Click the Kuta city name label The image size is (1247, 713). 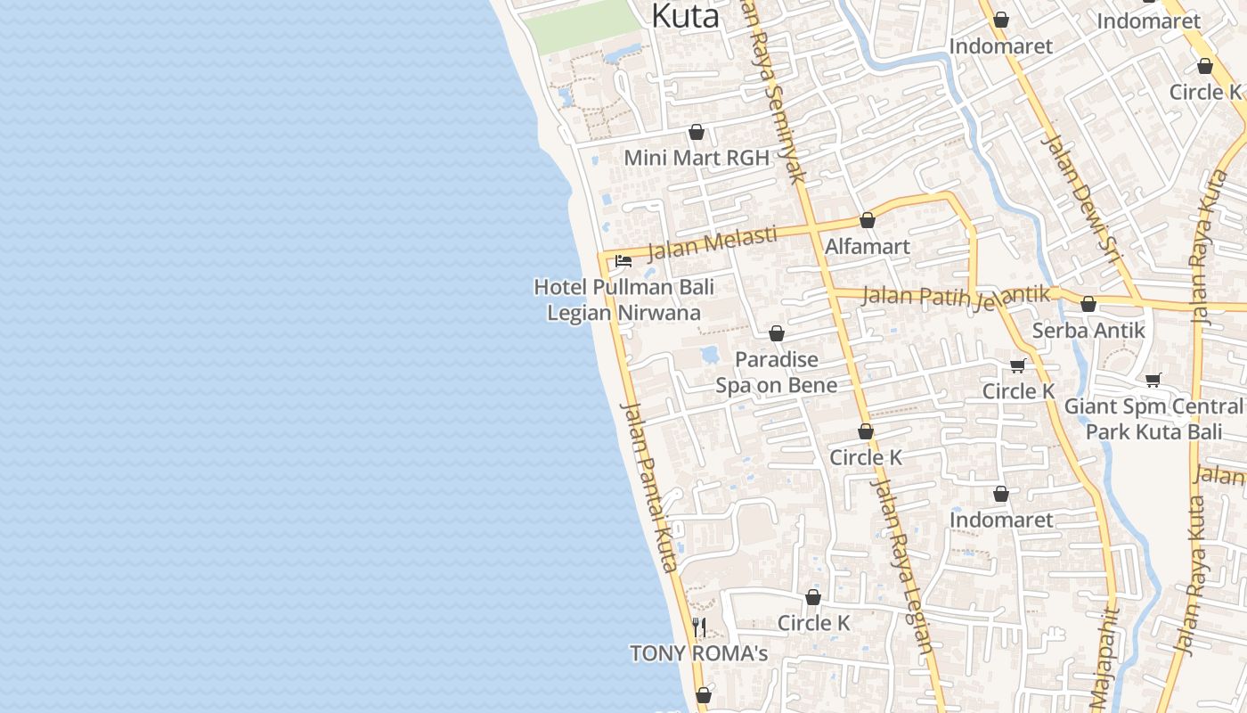click(685, 16)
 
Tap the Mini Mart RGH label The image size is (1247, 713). click(697, 158)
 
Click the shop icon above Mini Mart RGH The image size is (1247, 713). click(697, 132)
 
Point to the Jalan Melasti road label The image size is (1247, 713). click(712, 242)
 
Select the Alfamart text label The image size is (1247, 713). click(868, 246)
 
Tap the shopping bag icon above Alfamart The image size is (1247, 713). click(868, 220)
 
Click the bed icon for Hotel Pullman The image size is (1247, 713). click(623, 261)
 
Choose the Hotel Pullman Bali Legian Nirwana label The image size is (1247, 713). click(623, 300)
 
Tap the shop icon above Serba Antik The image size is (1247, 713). click(1088, 304)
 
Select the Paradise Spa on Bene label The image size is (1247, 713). click(777, 372)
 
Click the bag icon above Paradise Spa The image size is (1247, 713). click(777, 333)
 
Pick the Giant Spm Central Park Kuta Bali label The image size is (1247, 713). click(1153, 419)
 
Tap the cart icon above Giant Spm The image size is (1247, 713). click(1153, 381)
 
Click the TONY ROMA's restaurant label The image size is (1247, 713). click(698, 653)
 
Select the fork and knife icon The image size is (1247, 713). click(699, 627)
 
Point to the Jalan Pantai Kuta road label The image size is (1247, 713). click(649, 486)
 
